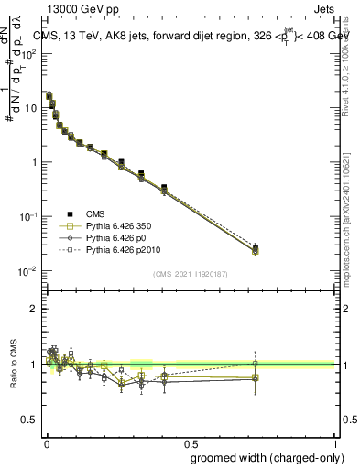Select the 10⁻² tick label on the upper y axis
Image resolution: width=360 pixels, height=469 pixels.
[x=29, y=271]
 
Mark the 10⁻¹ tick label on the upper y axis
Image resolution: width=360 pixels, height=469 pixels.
[x=29, y=216]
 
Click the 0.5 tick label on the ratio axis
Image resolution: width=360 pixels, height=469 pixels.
[x=29, y=419]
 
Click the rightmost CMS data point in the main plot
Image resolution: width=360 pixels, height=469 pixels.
[x=256, y=247]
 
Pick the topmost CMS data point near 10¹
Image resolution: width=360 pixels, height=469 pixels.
[x=49, y=94]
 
